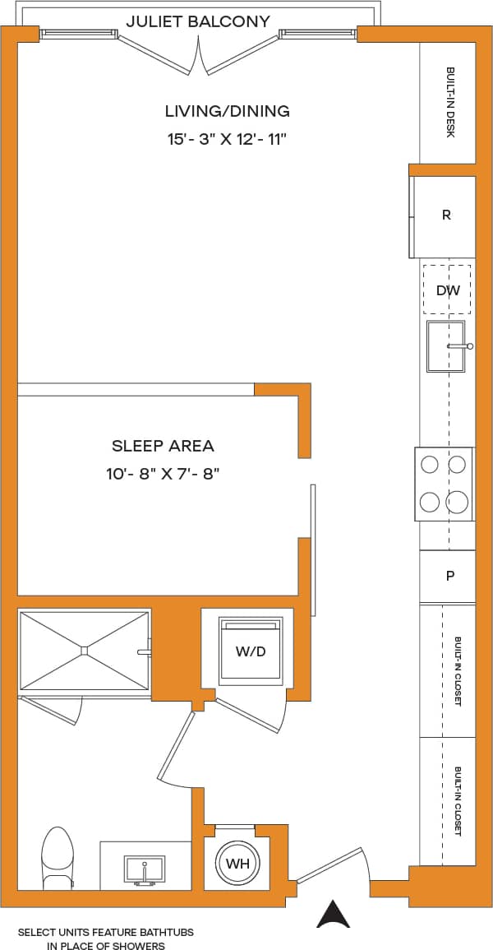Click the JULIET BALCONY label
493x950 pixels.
pos(198,21)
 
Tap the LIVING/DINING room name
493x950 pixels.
pos(227,111)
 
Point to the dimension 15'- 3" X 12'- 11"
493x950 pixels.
pos(227,139)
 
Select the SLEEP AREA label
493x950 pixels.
pos(163,446)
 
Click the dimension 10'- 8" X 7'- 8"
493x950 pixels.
pos(163,475)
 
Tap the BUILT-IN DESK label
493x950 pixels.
pos(449,102)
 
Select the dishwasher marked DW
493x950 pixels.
pos(447,290)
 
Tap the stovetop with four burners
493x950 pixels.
pos(444,484)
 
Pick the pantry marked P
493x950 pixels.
pos(449,576)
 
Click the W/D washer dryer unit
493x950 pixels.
pos(251,651)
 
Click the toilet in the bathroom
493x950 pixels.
pos(58,860)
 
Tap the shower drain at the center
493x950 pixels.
pos(85,650)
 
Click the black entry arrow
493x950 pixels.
pos(334,914)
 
